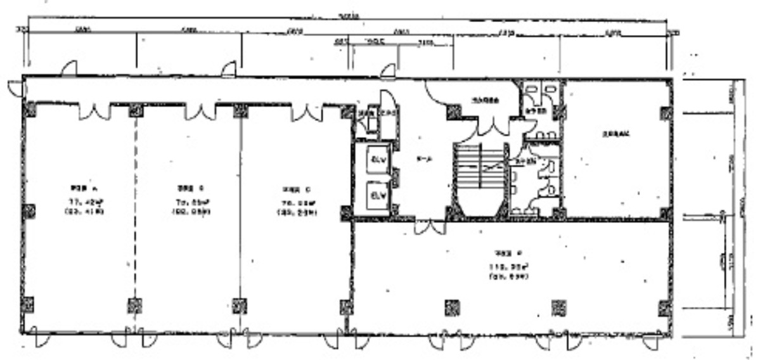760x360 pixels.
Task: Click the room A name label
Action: click(82, 188)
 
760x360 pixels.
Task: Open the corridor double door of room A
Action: click(94, 112)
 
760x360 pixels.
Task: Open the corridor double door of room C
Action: click(307, 113)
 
